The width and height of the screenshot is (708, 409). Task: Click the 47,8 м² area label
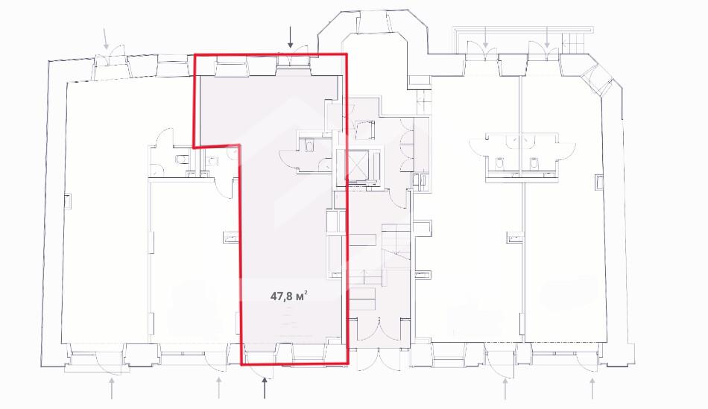(289, 297)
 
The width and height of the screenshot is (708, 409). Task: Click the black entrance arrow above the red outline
(291, 37)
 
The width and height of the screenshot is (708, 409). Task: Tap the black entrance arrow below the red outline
(265, 388)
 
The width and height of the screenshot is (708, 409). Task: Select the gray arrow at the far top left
(106, 39)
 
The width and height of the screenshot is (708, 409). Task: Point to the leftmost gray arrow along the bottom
(112, 389)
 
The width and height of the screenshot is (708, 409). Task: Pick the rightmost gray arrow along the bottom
(592, 389)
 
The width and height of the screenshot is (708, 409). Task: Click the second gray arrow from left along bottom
(218, 388)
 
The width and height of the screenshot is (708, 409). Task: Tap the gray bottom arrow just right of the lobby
(505, 389)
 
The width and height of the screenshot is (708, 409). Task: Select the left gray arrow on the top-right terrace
(485, 37)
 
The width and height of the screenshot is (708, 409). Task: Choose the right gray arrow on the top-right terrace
(547, 37)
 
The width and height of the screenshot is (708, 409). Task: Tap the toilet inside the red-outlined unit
(309, 146)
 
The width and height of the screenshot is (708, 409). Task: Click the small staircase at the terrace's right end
(575, 45)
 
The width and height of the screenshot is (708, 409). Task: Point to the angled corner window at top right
(598, 80)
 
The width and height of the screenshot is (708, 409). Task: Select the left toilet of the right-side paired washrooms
(500, 162)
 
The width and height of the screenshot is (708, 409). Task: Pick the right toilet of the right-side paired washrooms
(534, 162)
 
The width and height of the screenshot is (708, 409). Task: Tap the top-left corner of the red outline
(195, 55)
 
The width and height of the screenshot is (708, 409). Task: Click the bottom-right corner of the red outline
(348, 363)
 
